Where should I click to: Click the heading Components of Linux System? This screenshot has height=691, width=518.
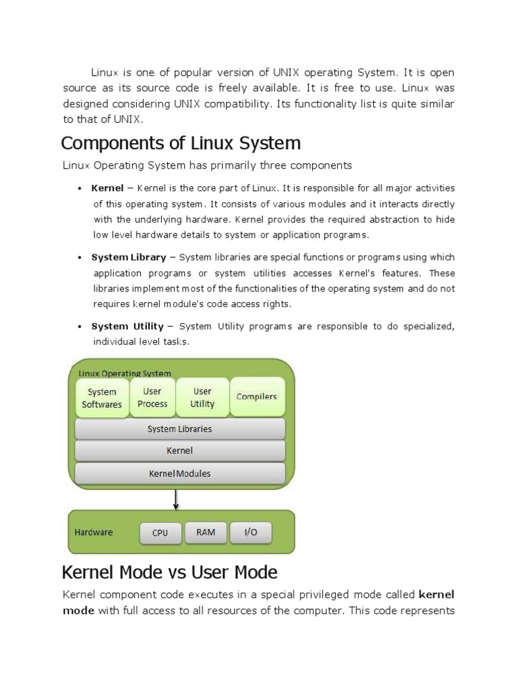[181, 144]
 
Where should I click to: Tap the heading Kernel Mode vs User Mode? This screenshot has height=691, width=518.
[169, 573]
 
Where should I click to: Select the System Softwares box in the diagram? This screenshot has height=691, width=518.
[102, 398]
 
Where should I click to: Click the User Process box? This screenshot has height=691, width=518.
[152, 397]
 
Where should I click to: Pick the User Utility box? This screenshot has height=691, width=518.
[202, 397]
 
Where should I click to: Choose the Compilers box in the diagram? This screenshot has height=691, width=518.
[257, 397]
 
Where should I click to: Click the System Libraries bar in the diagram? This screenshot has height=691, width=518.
[179, 429]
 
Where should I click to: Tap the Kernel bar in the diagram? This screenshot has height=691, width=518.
[179, 450]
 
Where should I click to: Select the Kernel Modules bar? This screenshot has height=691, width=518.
[179, 474]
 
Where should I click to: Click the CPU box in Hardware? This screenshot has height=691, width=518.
[160, 533]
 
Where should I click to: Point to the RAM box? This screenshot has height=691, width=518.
[206, 532]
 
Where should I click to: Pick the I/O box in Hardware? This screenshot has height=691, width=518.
[251, 532]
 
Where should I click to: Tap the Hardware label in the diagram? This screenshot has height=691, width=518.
[94, 532]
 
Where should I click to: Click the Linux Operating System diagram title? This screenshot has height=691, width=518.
[125, 373]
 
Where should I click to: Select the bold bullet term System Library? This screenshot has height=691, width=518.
[129, 257]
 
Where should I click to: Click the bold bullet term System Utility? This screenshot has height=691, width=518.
[127, 326]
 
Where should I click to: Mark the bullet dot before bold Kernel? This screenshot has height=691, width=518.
[80, 188]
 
